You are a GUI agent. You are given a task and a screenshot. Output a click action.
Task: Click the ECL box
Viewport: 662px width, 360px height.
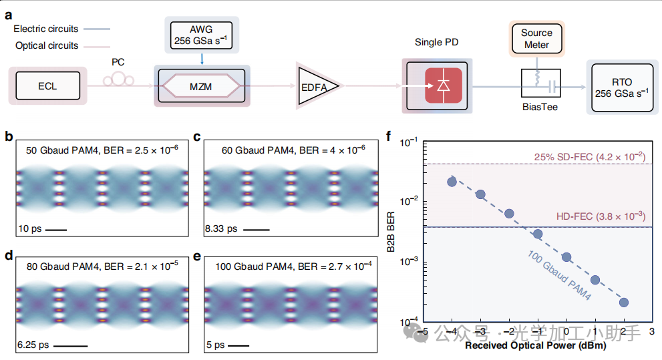click(47, 85)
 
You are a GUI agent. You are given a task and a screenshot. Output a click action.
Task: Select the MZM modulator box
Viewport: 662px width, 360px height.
click(201, 86)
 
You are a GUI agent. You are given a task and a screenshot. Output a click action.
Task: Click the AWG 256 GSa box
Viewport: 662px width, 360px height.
click(201, 35)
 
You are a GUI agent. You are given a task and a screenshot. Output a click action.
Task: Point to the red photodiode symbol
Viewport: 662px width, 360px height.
click(444, 85)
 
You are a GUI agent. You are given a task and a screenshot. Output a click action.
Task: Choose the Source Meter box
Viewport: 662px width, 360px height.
click(536, 39)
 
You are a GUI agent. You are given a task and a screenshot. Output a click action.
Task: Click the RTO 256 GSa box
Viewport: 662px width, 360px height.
click(622, 87)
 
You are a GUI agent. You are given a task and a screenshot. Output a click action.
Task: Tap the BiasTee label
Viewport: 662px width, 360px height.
click(540, 107)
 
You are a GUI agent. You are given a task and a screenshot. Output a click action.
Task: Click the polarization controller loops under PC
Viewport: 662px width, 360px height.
click(119, 79)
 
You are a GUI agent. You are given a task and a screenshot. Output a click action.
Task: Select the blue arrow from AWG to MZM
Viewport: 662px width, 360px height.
click(202, 59)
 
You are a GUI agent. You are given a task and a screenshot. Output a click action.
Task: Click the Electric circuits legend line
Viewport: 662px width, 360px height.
click(97, 29)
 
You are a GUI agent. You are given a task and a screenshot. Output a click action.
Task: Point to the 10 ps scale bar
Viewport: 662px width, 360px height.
click(55, 230)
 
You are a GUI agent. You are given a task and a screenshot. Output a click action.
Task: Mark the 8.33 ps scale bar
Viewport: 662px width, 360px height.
click(257, 230)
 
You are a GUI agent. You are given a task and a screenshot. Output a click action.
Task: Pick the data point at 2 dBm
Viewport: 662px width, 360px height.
click(623, 302)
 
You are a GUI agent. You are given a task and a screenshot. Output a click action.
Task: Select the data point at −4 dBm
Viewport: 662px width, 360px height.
click(452, 182)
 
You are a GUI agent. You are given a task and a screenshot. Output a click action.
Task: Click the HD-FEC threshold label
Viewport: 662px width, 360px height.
click(601, 216)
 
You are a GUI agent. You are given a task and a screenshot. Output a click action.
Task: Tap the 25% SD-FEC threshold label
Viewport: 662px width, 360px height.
click(590, 157)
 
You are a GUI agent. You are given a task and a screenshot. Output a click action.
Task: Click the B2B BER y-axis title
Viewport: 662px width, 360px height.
click(391, 232)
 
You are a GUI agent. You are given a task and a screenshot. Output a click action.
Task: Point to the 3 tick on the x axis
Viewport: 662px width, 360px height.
click(652, 332)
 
